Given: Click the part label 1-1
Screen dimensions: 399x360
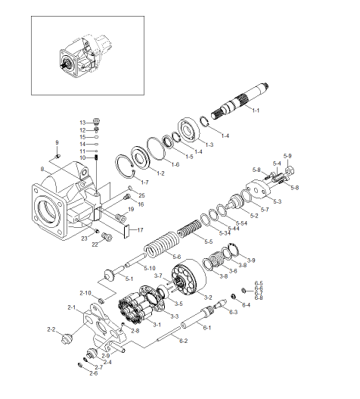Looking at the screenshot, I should click(x=256, y=111).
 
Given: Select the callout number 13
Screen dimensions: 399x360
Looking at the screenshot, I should click(x=84, y=122).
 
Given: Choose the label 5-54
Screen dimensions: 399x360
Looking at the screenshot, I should click(x=241, y=224).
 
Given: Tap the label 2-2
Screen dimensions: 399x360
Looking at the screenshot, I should click(x=52, y=329).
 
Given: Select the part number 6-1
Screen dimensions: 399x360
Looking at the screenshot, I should click(x=207, y=327).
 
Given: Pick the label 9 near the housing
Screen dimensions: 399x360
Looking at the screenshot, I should click(x=55, y=142).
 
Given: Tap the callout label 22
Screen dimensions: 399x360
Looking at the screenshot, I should click(x=95, y=245).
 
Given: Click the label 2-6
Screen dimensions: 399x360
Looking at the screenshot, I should click(x=93, y=373).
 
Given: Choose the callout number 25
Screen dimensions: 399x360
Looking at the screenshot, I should click(x=141, y=195).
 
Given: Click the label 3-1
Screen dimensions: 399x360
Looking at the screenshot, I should click(x=157, y=323).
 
